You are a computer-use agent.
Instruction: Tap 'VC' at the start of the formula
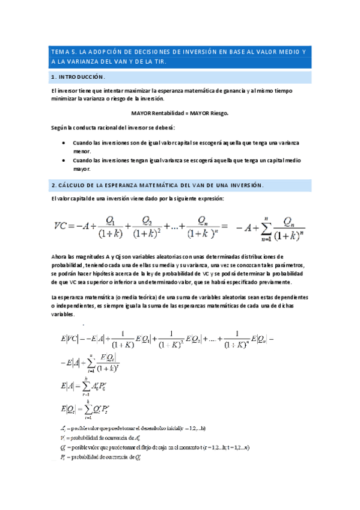(x=61, y=226)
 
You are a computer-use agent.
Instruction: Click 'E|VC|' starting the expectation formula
(x=71, y=339)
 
